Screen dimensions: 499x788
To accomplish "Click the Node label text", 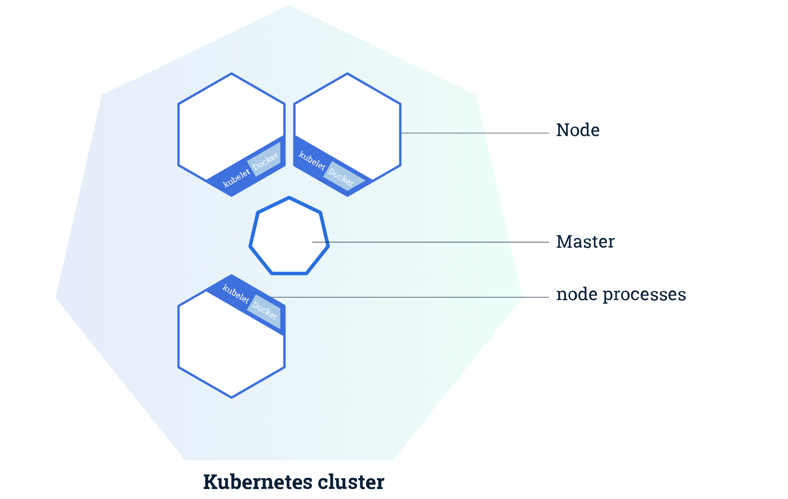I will click(x=578, y=130).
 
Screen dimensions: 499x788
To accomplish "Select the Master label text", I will click(x=585, y=242).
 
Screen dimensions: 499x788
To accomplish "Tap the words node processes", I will click(x=621, y=294).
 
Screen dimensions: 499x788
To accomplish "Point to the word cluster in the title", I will click(x=351, y=482).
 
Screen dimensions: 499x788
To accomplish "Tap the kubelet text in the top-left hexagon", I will click(x=236, y=178).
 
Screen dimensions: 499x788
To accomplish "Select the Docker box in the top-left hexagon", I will click(x=265, y=160).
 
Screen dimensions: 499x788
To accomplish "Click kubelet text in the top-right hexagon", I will click(x=312, y=161).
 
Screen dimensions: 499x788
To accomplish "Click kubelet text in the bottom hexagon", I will click(x=236, y=294).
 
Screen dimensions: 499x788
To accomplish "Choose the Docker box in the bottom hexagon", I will click(x=264, y=311).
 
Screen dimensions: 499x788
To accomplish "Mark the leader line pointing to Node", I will click(x=474, y=133).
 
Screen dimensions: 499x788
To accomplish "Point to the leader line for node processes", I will click(x=416, y=297).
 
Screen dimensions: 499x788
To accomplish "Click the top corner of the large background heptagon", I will click(x=289, y=5).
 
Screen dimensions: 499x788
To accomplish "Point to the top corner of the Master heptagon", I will click(x=289, y=198).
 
